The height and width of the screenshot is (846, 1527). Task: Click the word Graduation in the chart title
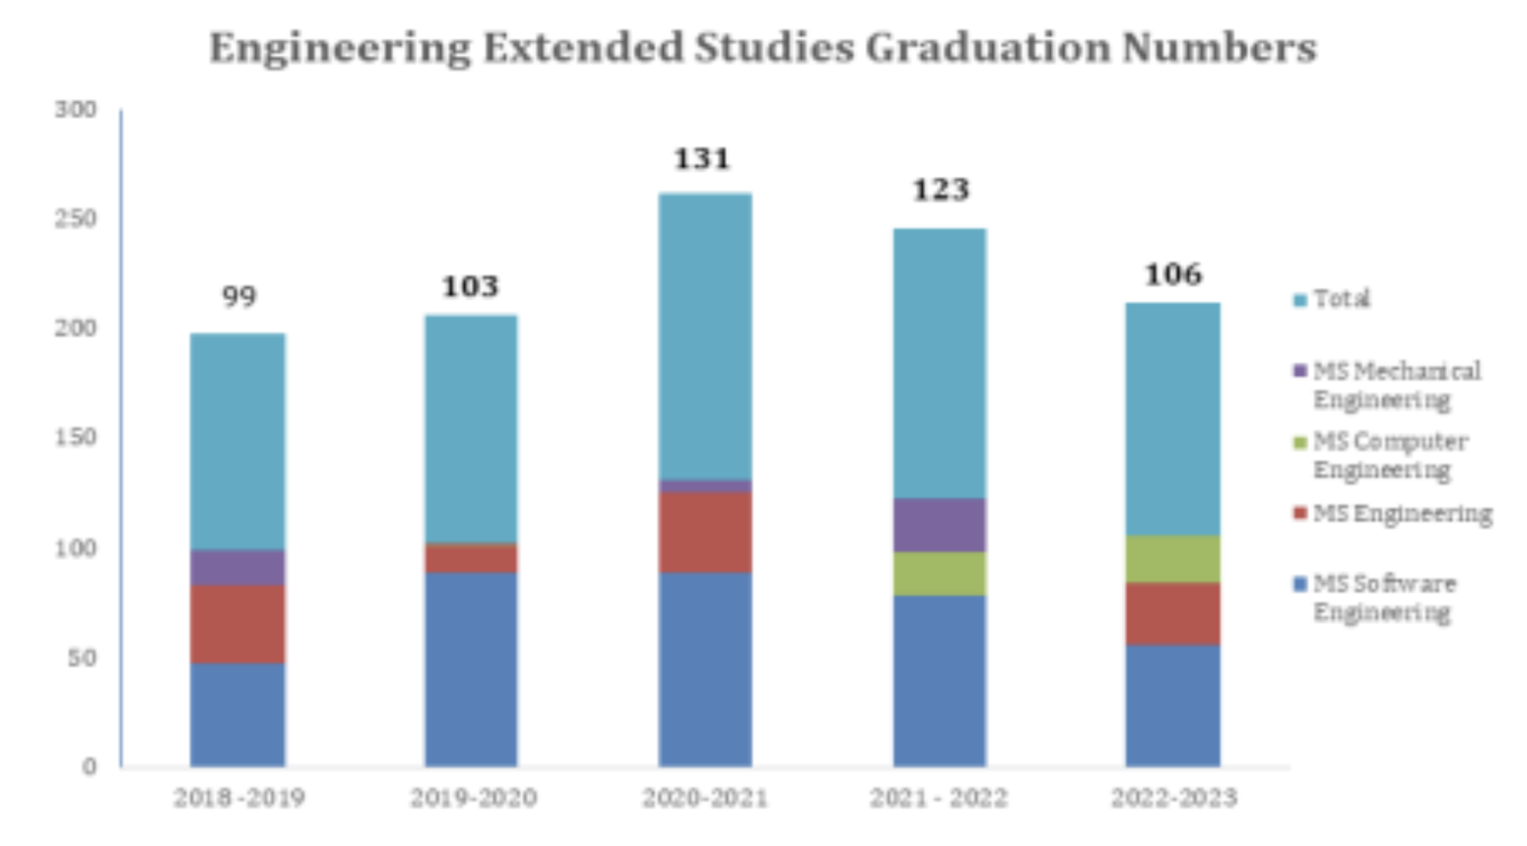tap(988, 48)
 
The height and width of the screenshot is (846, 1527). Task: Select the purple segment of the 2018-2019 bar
tap(238, 568)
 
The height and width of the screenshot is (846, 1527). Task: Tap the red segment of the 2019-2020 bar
tap(471, 558)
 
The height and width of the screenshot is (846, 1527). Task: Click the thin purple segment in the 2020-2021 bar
tap(704, 486)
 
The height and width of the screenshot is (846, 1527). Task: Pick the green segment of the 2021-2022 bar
tap(939, 573)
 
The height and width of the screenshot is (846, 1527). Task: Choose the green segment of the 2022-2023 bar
tap(1172, 559)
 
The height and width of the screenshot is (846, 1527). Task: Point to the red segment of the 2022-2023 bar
tap(1172, 613)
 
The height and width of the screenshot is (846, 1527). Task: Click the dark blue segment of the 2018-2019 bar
tap(238, 714)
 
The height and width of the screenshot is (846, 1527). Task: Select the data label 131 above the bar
tap(702, 159)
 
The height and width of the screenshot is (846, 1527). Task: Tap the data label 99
tap(239, 297)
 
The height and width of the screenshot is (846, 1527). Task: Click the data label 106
tap(1173, 275)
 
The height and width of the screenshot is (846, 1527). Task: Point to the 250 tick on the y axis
tap(76, 218)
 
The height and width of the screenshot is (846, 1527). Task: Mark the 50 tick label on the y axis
tap(81, 658)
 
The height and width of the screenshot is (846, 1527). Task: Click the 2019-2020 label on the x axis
tap(473, 797)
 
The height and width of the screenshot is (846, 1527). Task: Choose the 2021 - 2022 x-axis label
tap(938, 797)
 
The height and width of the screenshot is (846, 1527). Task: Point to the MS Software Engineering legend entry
tap(1384, 598)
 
